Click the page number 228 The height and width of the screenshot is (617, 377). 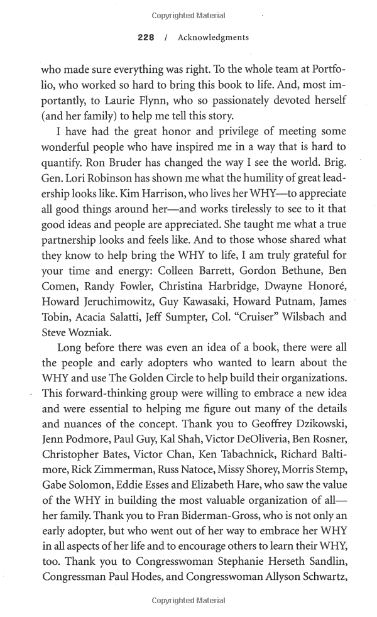pyautogui.click(x=146, y=38)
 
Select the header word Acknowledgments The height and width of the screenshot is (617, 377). pyautogui.click(x=213, y=38)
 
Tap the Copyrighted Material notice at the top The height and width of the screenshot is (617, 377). pyautogui.click(x=188, y=15)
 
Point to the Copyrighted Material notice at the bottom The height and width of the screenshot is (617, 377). pyautogui.click(x=188, y=601)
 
